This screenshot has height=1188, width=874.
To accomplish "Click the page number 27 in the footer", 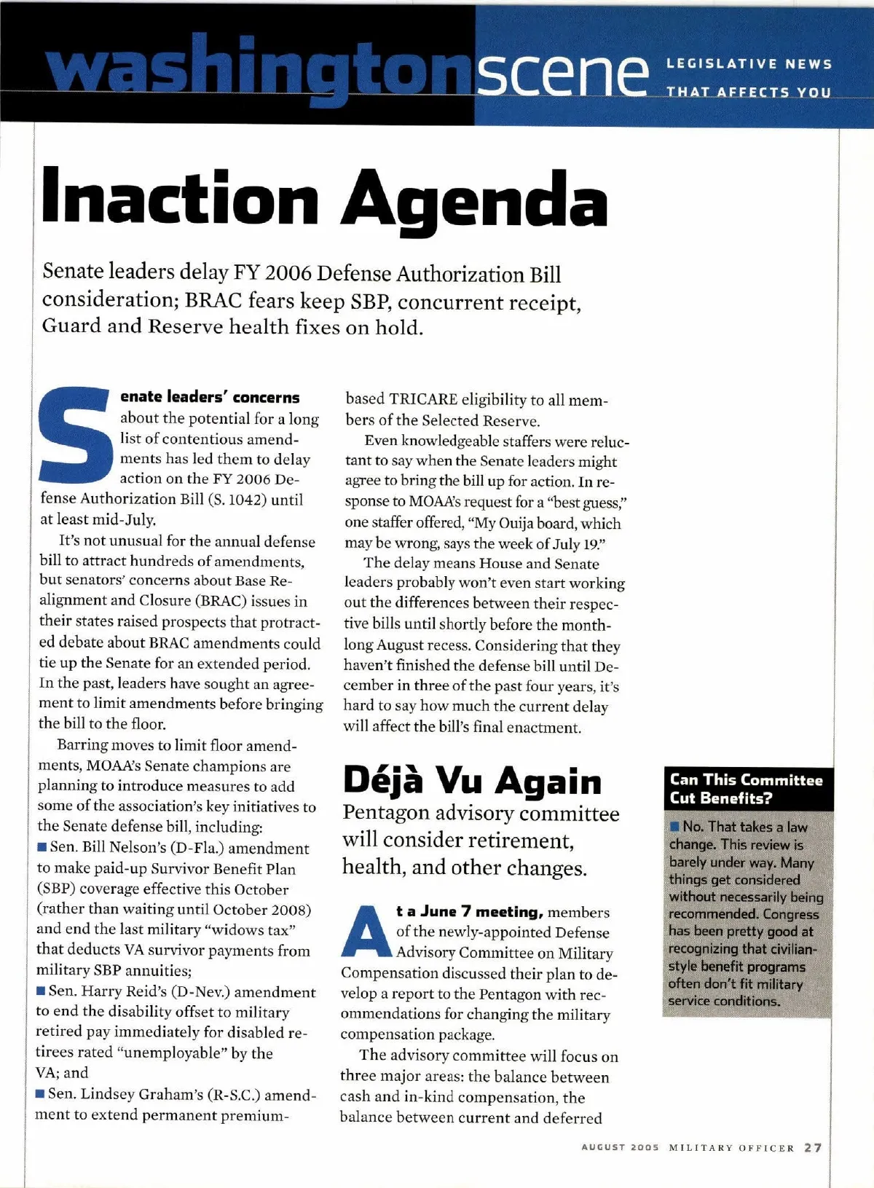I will click(813, 1148).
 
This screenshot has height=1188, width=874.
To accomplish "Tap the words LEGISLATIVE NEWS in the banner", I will click(749, 64).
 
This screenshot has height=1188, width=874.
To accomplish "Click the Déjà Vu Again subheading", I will click(472, 781).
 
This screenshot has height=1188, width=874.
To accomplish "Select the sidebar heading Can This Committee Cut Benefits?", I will click(746, 789).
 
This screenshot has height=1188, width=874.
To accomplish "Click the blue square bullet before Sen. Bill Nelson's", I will click(43, 848).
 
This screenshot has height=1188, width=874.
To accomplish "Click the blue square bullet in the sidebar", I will click(675, 827).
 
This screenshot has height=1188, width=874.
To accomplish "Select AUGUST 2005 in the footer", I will click(620, 1148).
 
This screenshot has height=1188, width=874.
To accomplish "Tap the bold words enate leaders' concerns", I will click(210, 398).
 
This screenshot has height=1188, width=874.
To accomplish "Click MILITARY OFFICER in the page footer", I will click(731, 1148).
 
